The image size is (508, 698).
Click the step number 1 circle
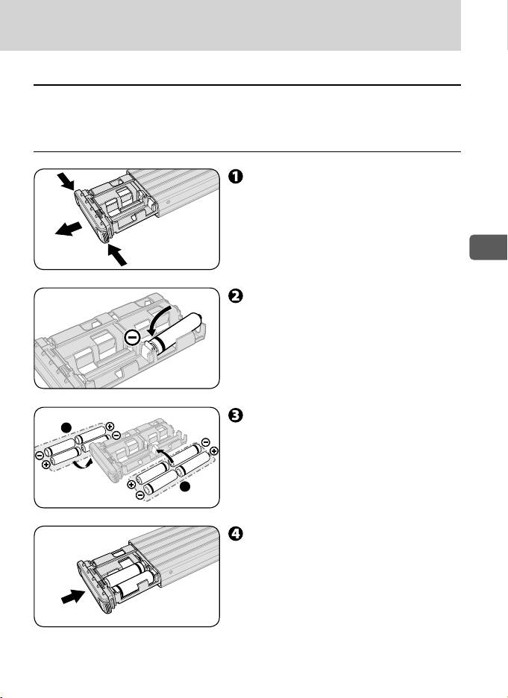click(x=234, y=177)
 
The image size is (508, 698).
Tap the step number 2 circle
click(x=234, y=295)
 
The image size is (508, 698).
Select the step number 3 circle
click(x=234, y=416)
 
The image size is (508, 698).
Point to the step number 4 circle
click(x=234, y=534)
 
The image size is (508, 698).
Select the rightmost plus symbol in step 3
click(x=215, y=451)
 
